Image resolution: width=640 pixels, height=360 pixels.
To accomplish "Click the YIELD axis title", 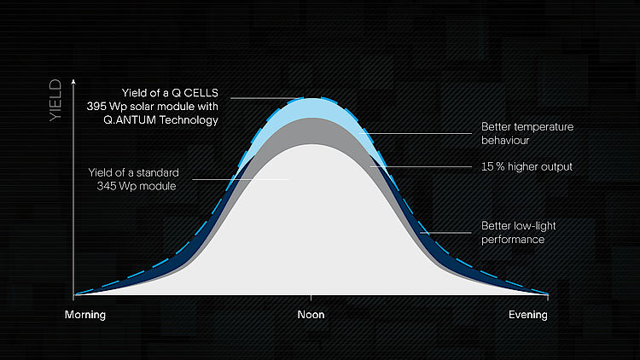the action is (55, 101).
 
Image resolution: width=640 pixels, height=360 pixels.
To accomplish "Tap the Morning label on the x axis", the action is (84, 315).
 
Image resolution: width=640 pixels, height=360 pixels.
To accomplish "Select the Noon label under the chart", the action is (311, 315).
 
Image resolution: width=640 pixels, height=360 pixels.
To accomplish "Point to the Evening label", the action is (527, 315).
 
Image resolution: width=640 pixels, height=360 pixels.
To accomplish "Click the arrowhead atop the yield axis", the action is (73, 82).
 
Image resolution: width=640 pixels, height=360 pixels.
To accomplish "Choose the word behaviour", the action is (505, 141).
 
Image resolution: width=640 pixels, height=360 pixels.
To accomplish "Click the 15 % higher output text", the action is (527, 166).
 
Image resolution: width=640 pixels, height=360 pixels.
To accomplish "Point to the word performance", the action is (513, 239).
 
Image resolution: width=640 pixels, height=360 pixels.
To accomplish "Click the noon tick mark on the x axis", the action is (311, 298).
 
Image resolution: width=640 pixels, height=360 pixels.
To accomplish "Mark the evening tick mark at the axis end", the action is (547, 297).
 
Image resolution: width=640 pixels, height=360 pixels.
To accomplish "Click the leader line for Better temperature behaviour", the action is (416, 133).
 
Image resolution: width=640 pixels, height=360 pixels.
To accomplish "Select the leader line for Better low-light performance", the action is (446, 233).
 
